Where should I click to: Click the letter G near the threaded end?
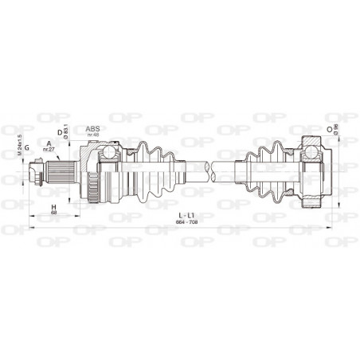(x=27, y=147)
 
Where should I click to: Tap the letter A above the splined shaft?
(x=49, y=144)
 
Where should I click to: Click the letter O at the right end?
(x=328, y=127)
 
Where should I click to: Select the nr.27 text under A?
(x=49, y=151)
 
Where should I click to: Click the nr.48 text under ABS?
(x=93, y=135)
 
